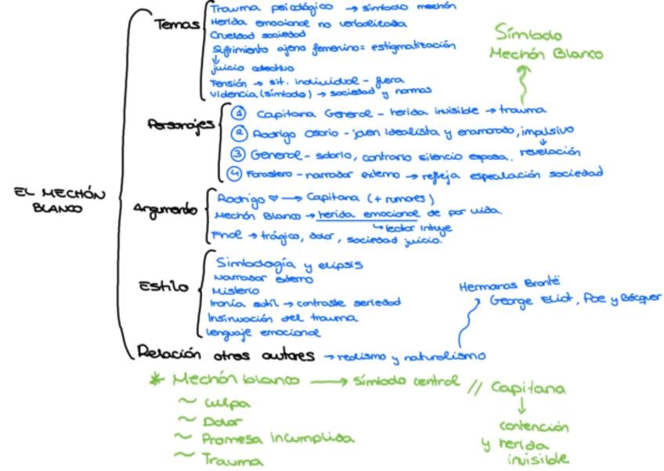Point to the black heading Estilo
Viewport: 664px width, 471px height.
coord(164,287)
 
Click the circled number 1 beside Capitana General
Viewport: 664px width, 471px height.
coord(239,113)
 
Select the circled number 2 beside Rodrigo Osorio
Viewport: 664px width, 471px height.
coord(239,132)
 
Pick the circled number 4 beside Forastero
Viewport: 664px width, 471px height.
coord(234,172)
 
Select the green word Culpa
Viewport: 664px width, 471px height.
coord(228,404)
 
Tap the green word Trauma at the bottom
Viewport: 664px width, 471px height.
coord(233,461)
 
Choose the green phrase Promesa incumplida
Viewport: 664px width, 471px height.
coord(278,439)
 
